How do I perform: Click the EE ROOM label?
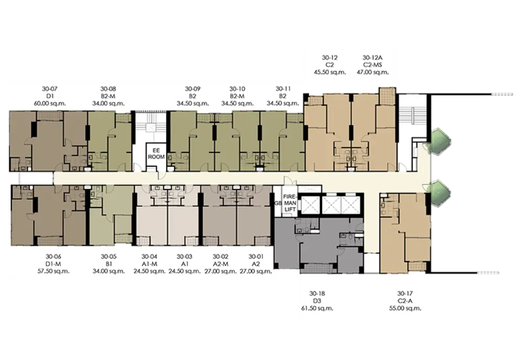(x=156, y=154)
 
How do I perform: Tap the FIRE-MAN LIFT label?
(x=289, y=203)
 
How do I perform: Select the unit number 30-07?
(x=50, y=89)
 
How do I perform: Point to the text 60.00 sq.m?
(x=50, y=103)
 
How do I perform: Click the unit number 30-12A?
(x=372, y=57)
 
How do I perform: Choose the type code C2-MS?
(x=372, y=65)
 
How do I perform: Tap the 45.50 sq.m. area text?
(x=329, y=72)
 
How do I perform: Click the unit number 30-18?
(x=317, y=294)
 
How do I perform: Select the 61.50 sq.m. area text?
(x=317, y=308)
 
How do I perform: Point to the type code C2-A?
(x=405, y=301)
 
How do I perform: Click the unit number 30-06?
(x=53, y=257)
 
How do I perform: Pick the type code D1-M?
(x=53, y=264)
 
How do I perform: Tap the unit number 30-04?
(x=149, y=257)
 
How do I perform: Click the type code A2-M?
(x=220, y=264)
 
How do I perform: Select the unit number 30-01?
(x=256, y=257)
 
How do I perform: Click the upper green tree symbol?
(x=440, y=141)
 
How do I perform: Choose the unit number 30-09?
(x=193, y=89)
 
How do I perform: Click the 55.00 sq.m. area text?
(x=405, y=308)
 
